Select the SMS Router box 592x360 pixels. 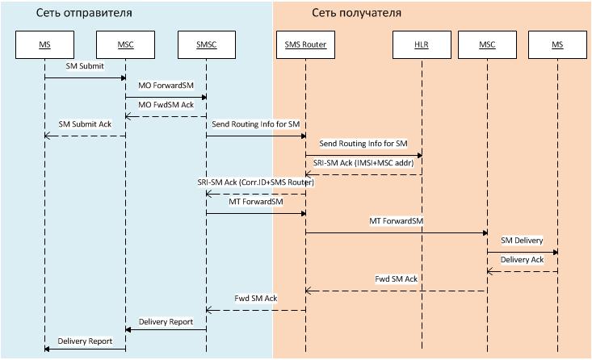click(305, 44)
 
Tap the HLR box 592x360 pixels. click(422, 44)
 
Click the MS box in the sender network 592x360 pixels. click(44, 44)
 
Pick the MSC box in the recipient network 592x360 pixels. click(486, 44)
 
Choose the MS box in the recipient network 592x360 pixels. click(557, 44)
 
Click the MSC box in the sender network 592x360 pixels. click(124, 44)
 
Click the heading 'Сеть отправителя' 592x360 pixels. click(84, 14)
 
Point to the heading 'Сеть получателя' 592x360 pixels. click(356, 14)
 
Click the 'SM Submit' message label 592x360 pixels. click(85, 66)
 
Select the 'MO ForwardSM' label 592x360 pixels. click(166, 85)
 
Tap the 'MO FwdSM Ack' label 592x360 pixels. click(166, 105)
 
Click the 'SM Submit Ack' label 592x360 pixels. click(85, 124)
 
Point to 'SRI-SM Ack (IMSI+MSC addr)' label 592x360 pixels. click(363, 163)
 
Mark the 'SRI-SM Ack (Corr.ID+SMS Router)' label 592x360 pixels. click(255, 182)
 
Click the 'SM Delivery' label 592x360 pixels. click(522, 241)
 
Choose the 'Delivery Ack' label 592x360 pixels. click(522, 260)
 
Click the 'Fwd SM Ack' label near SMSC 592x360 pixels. click(255, 299)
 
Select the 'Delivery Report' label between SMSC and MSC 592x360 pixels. click(166, 321)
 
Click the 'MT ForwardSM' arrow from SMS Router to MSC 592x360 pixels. click(396, 232)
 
